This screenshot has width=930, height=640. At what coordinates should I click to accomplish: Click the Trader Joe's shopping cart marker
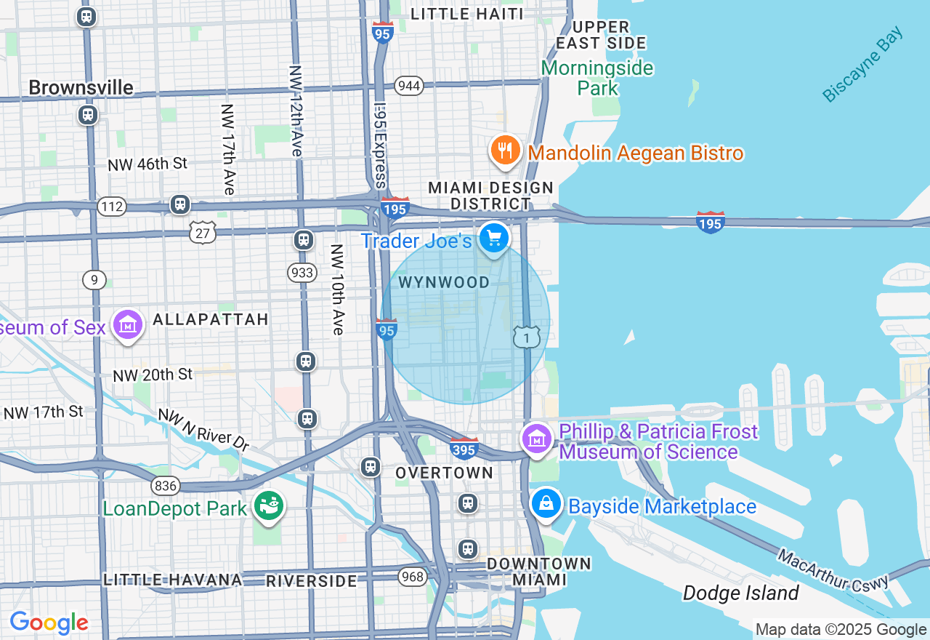pos(494,239)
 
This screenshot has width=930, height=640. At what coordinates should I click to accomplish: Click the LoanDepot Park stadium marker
pos(270,506)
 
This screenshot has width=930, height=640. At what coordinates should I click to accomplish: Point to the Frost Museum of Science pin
pos(537,439)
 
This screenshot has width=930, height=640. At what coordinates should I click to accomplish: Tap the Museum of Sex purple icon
pos(129,327)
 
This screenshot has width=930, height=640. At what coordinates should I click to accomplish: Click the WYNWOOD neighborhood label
pos(444,283)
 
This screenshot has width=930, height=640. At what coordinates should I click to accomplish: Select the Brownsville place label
pos(81,88)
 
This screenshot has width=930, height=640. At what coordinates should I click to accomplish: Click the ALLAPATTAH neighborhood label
pos(210,319)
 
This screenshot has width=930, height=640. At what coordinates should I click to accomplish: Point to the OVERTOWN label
pos(444,473)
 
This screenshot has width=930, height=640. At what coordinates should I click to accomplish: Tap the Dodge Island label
pos(740,593)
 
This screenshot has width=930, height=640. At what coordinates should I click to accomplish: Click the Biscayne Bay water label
pos(863,65)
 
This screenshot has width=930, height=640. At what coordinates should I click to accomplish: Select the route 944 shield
pos(409,86)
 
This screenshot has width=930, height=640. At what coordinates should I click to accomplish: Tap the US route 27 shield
pos(203,232)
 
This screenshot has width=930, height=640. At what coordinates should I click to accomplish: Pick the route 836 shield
pos(166,485)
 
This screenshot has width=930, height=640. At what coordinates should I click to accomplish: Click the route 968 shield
pos(412,577)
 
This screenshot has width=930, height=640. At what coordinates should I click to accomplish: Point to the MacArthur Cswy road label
pos(833,571)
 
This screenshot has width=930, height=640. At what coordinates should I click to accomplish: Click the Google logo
pos(49,623)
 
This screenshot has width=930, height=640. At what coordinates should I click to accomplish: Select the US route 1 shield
pos(527,337)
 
